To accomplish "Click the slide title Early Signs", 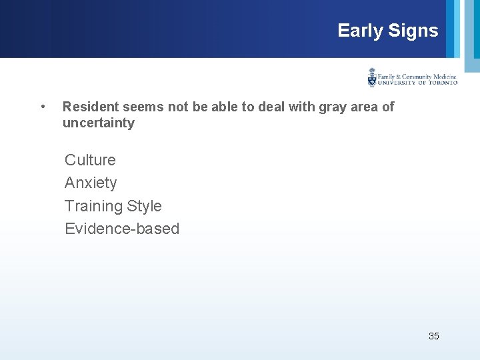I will tap(387, 31).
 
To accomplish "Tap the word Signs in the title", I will tap(413, 31).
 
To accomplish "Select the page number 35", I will tap(433, 336).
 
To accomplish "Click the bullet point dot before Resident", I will tap(43, 107).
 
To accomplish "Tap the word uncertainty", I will tap(98, 123).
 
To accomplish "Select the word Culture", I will tap(90, 160).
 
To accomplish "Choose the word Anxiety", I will tap(91, 183).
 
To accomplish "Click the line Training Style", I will tap(113, 206).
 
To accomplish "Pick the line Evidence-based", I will tap(122, 229).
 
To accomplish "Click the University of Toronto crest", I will tap(372, 77).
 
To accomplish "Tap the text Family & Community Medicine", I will tap(417, 76).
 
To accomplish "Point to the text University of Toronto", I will tap(417, 83).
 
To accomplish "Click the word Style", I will tap(145, 206).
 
